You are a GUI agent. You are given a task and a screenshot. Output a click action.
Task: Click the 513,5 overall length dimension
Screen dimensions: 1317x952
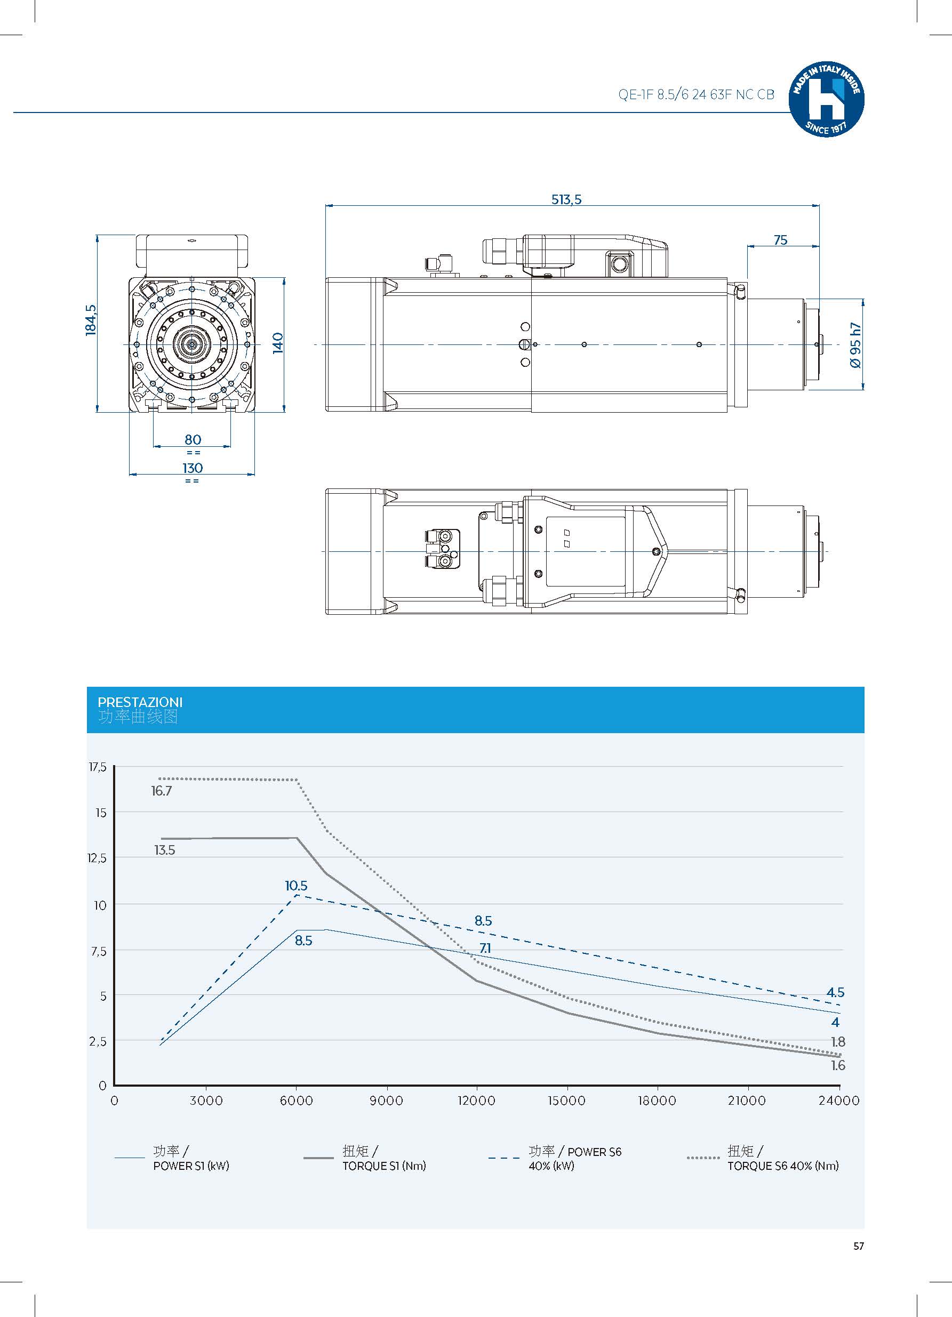[x=566, y=200]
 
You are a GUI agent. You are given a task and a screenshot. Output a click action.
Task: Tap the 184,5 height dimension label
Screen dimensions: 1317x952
[x=91, y=320]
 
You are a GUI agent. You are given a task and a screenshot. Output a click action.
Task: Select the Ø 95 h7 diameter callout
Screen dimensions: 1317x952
[x=855, y=345]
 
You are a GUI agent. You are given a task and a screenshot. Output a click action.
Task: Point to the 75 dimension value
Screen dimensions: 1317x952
[x=780, y=240]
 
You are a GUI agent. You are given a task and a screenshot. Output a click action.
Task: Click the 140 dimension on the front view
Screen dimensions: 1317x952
[x=278, y=343]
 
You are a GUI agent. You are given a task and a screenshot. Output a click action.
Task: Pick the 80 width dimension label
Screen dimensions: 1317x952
[x=192, y=439]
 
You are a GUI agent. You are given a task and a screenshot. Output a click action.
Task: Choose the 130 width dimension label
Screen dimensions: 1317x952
[x=192, y=468]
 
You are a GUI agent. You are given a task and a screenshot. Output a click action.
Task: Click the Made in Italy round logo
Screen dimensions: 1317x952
[x=826, y=100]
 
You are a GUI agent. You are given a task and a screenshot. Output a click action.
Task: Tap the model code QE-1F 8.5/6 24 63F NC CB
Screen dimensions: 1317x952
[x=696, y=95]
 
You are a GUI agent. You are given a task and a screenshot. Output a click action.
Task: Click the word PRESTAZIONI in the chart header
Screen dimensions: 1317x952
[x=139, y=702]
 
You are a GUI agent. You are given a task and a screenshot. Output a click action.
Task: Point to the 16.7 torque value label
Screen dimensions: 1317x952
[x=161, y=791]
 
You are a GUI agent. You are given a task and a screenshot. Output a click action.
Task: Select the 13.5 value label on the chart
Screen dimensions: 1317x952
[x=164, y=850]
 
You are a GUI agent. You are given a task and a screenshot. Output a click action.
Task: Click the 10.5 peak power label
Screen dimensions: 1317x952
[x=295, y=886]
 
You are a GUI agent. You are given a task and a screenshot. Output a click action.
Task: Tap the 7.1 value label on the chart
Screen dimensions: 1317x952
[x=485, y=948]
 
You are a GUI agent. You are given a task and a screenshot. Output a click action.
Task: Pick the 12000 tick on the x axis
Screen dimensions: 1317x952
[x=476, y=1101]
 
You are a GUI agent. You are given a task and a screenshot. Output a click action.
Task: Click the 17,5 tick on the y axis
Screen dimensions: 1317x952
[x=98, y=767]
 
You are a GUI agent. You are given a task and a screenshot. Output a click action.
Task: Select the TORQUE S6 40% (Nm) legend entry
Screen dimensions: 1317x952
[x=782, y=1166]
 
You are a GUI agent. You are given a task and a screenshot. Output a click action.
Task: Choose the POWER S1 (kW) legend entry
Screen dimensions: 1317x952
[x=190, y=1166]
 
